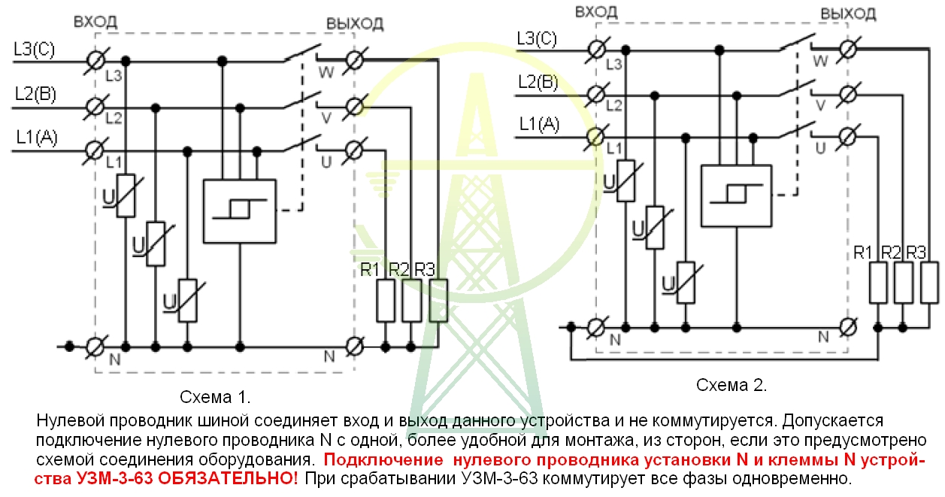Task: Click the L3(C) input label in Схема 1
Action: (34, 50)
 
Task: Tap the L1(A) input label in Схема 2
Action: (539, 124)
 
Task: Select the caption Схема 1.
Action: (215, 397)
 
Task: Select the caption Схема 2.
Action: (731, 385)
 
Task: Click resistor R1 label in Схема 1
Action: (370, 270)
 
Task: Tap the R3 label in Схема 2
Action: (916, 253)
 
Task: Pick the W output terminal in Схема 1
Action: (354, 60)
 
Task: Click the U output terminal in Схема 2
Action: (847, 137)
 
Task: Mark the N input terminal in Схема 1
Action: (95, 347)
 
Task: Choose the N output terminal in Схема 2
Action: (848, 327)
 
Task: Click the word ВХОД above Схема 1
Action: (95, 22)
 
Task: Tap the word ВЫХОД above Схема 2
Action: (848, 14)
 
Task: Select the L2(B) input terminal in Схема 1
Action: (95, 107)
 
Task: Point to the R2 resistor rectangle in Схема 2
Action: (903, 283)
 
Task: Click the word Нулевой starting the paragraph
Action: (70, 420)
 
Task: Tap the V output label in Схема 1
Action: (326, 118)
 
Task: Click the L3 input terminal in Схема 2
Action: (596, 50)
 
